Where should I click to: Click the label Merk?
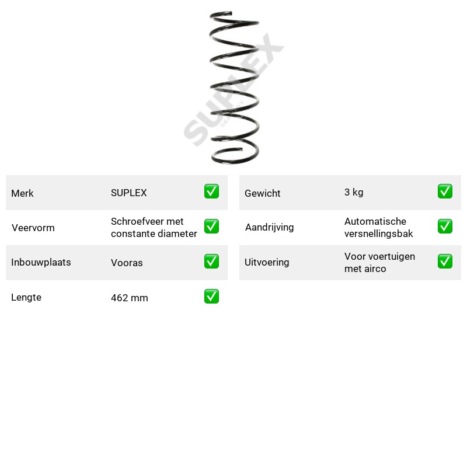pos(22,193)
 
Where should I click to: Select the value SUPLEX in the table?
pos(128,193)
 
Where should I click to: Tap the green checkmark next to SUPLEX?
pos(211,191)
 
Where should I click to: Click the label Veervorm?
pos(33,228)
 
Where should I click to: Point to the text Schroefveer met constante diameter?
pos(154,228)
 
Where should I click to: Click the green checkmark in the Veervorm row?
pos(211,226)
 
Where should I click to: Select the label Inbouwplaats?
pos(41,262)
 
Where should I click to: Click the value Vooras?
pos(127,263)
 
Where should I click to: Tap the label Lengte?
pos(26,297)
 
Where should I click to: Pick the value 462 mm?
pos(129,298)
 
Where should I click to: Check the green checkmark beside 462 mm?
pos(211,297)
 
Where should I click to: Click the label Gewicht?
pos(262,193)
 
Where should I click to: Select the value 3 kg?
pos(354,193)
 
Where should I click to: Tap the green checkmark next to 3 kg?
pos(445,191)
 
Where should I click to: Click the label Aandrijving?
pos(269,228)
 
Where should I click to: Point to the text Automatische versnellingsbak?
pos(378,228)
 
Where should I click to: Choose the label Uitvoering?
pos(267,262)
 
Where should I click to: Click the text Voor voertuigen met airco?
pos(379,262)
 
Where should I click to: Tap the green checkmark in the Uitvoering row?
pos(445,261)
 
